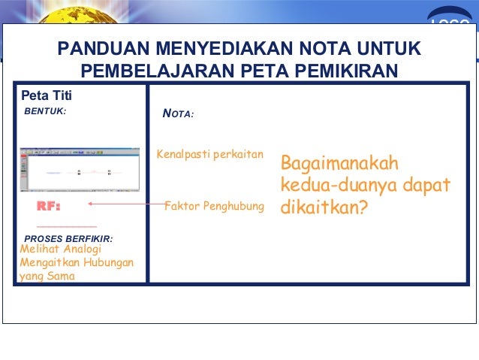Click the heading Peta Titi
pyautogui.click(x=46, y=95)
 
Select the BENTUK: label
pyautogui.click(x=46, y=111)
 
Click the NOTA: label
pyautogui.click(x=179, y=114)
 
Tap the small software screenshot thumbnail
pyautogui.click(x=80, y=171)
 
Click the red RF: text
pyautogui.click(x=49, y=206)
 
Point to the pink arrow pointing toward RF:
pyautogui.click(x=125, y=204)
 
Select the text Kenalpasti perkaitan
pyautogui.click(x=210, y=155)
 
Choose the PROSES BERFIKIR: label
pyautogui.click(x=68, y=239)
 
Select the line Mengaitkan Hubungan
pyautogui.click(x=77, y=263)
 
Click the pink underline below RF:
pyautogui.click(x=67, y=225)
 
